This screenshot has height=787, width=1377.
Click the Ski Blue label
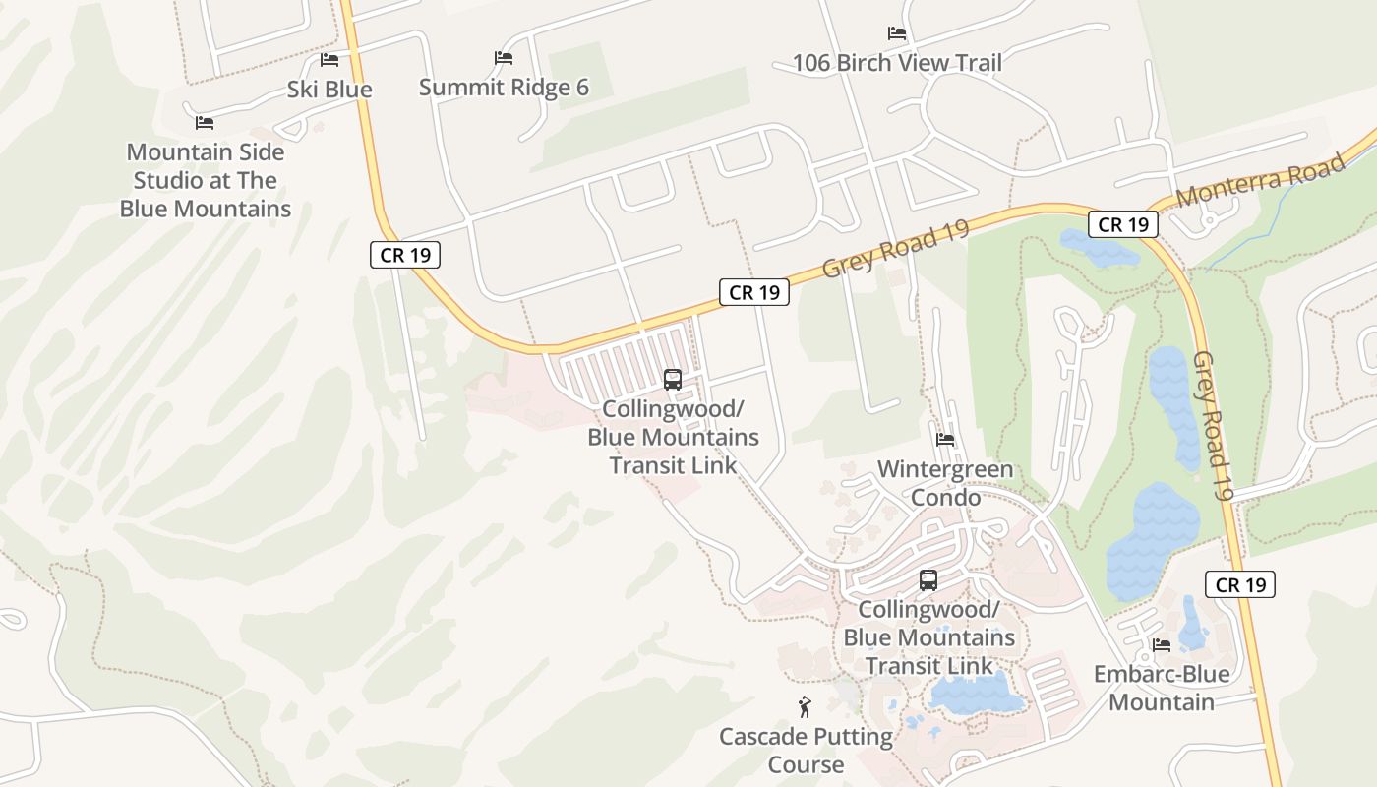[329, 90]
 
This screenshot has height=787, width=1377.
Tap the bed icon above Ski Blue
[329, 60]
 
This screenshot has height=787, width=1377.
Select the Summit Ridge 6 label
[504, 88]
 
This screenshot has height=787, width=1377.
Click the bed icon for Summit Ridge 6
[504, 58]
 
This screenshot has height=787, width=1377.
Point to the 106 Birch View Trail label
[897, 63]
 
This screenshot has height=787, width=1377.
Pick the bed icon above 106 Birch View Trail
[897, 33]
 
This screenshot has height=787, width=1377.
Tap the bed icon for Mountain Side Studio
[205, 123]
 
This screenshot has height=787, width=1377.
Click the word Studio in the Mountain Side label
[168, 181]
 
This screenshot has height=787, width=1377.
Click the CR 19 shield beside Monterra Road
[1123, 224]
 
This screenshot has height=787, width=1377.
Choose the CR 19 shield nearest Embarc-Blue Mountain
[1240, 584]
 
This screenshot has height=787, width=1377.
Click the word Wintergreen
[944, 469]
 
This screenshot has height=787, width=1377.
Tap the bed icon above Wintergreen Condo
[945, 440]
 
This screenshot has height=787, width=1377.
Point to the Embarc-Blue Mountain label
[1162, 688]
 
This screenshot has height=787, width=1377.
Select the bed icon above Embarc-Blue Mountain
[1162, 645]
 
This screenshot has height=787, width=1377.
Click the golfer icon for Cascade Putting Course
[806, 706]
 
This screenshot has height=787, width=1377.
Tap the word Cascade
[763, 737]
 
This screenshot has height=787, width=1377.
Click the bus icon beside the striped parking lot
[673, 379]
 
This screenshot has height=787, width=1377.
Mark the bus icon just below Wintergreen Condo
[928, 580]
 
